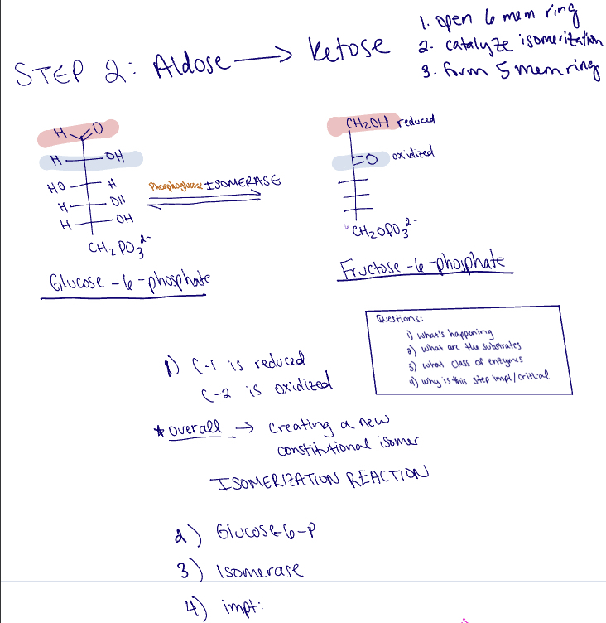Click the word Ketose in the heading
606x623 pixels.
[x=348, y=50]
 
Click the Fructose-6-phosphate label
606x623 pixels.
[x=426, y=267]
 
